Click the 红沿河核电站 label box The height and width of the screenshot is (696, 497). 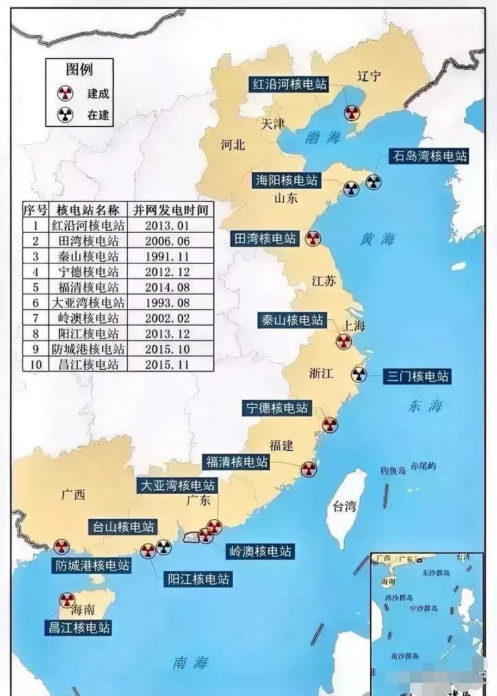tap(289, 84)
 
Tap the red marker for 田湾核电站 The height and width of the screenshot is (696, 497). tap(313, 239)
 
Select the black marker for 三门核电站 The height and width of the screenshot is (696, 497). tap(359, 374)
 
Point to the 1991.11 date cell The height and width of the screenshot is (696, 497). tap(167, 256)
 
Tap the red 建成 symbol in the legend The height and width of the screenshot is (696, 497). tap(65, 93)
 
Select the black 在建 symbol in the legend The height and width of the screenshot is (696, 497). tap(65, 115)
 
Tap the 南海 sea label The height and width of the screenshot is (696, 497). tap(190, 662)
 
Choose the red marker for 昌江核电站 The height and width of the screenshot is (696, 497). tap(67, 600)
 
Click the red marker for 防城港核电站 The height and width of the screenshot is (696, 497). tap(61, 546)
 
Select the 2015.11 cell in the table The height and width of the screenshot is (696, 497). tap(167, 364)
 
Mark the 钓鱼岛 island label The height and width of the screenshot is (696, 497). tap(393, 470)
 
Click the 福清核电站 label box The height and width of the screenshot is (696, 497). tap(237, 462)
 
